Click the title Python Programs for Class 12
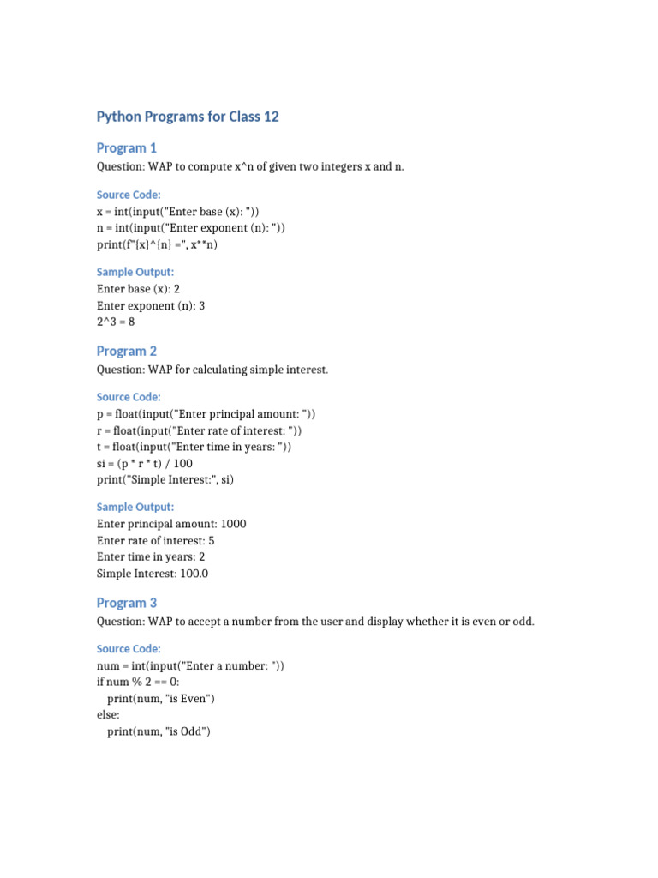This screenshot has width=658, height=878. click(188, 117)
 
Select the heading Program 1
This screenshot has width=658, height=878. click(127, 147)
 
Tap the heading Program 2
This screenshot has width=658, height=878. click(127, 351)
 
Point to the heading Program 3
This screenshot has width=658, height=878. click(127, 603)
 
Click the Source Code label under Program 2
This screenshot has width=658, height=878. click(129, 397)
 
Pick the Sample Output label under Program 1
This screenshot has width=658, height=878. click(135, 272)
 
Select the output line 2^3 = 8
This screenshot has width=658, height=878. click(116, 322)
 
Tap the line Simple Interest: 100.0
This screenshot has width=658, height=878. click(153, 573)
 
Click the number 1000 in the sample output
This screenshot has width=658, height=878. click(233, 523)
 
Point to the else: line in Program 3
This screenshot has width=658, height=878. click(108, 715)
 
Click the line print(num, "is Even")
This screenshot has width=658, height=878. click(160, 699)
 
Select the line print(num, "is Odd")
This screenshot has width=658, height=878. click(159, 731)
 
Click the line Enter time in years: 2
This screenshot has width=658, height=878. click(151, 556)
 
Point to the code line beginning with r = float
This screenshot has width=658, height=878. click(200, 430)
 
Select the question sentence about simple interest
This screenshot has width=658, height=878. click(212, 370)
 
